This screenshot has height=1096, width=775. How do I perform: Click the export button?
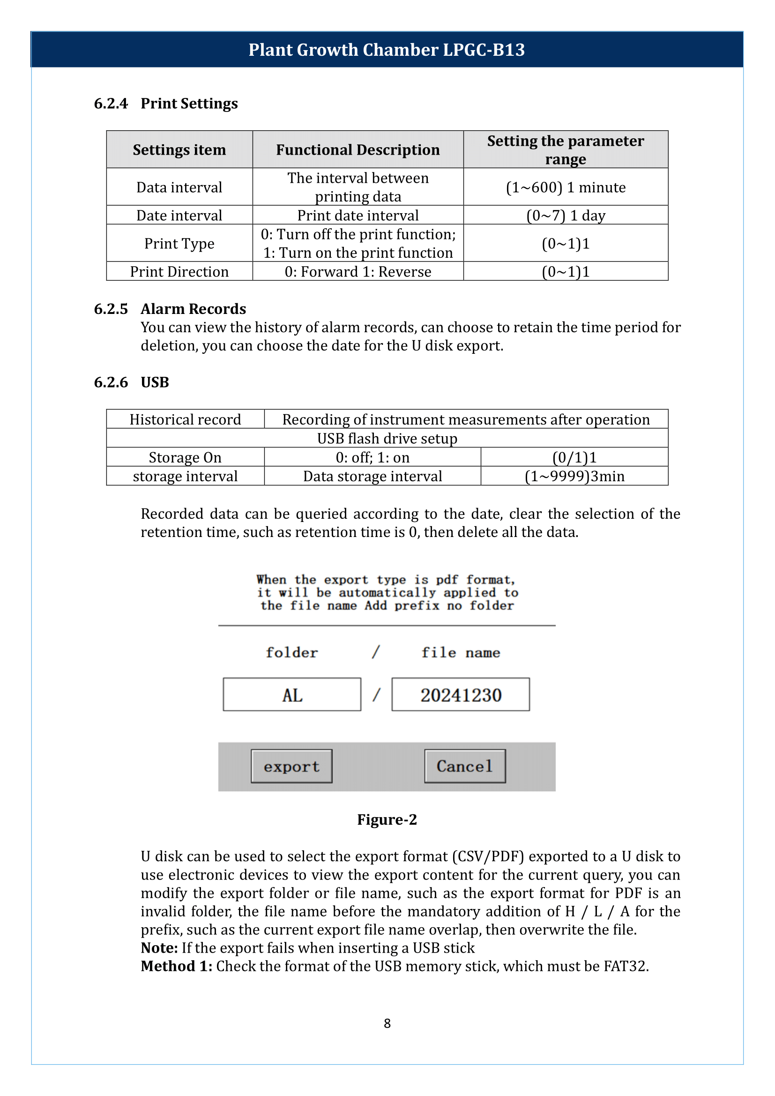coord(291,766)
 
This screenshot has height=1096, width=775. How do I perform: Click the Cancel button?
coord(465,766)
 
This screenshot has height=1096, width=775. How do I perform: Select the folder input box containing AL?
coord(291,694)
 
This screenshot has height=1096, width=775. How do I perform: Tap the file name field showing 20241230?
coord(461,694)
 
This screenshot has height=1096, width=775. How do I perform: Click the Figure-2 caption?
coord(387,820)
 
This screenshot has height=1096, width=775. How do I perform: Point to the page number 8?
coord(387,1023)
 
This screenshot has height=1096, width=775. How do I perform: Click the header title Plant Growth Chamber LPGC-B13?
coord(387,50)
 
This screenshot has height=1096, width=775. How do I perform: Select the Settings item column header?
coord(179,150)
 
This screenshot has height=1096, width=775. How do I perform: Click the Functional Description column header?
coord(358,150)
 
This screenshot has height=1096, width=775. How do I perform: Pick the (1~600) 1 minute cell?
coord(566,187)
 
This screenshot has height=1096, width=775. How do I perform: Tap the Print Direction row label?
coord(179,272)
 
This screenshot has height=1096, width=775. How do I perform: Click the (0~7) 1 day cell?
coord(566,215)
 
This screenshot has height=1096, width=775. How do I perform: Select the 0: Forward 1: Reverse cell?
coord(358,272)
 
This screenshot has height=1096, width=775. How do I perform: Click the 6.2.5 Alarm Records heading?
coord(193,309)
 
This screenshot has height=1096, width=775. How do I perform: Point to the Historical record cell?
coord(185,419)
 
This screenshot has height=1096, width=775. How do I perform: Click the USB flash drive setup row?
coord(387,438)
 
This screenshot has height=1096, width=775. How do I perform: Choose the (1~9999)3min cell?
coord(574,476)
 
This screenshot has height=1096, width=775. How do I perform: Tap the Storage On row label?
coord(185,457)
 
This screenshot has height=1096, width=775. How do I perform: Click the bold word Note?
coord(159,947)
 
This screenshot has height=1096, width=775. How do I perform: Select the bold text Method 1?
coord(177,966)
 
